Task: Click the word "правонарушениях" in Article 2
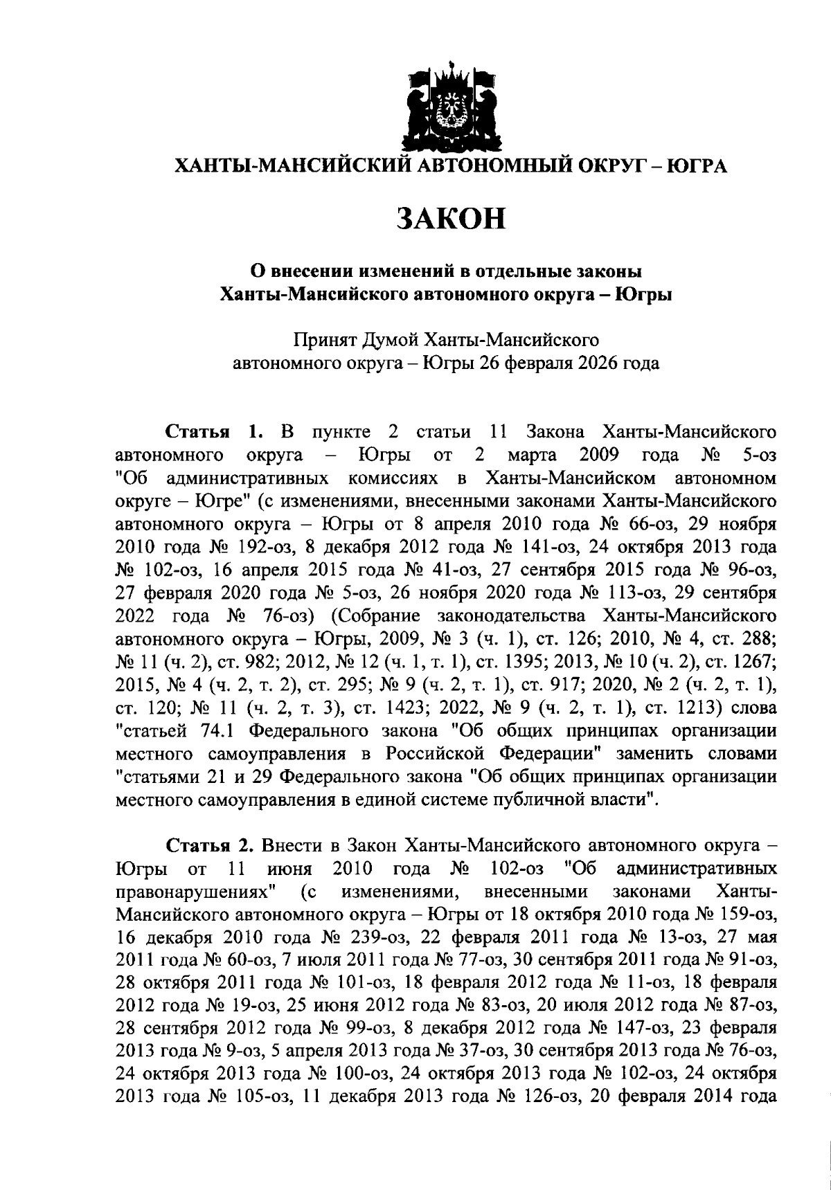tap(196, 891)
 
